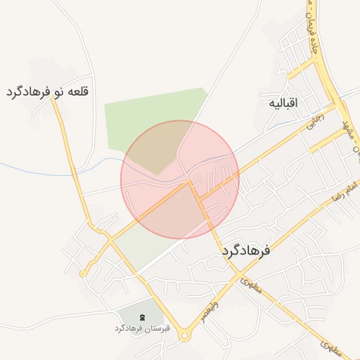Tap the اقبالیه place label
coord(283,103)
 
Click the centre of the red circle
coord(180,179)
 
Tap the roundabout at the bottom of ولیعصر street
coord(185,336)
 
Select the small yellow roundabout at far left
coord(83,273)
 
